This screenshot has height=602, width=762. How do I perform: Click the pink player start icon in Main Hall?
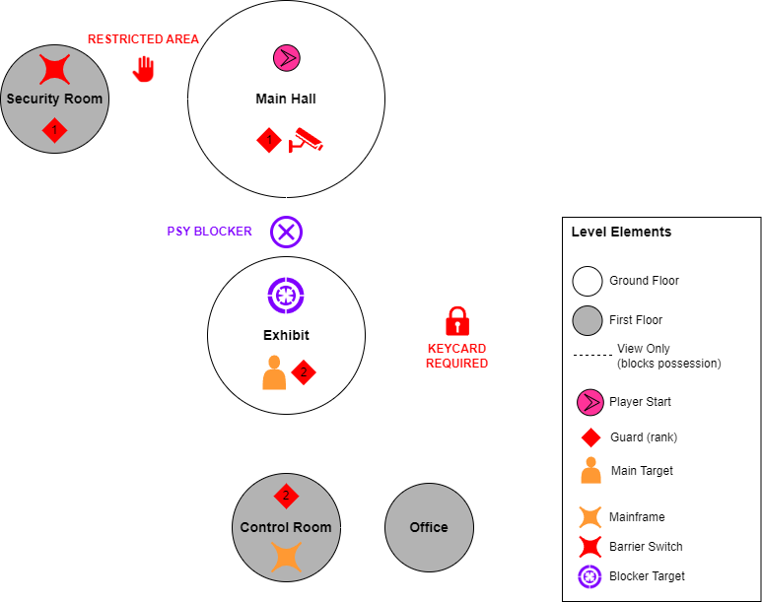tap(286, 58)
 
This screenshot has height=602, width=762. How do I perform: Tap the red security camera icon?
tap(305, 141)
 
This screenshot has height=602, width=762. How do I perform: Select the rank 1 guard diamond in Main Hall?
tap(269, 141)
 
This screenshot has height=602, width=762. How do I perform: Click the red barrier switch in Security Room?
tap(54, 69)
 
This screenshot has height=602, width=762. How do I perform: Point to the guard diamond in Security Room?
tap(54, 129)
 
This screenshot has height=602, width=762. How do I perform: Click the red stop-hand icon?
tap(144, 69)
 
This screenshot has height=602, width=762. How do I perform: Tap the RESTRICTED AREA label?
tap(143, 39)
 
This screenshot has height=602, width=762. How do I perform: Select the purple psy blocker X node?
tap(286, 233)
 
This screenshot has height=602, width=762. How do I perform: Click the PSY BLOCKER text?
tap(209, 232)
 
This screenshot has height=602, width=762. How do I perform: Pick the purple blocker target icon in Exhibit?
tap(286, 295)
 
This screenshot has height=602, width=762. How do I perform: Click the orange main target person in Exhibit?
tap(274, 373)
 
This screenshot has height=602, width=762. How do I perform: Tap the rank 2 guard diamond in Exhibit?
tap(304, 372)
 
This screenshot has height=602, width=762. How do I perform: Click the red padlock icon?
tap(456, 321)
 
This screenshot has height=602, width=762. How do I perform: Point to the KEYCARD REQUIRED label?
tap(456, 356)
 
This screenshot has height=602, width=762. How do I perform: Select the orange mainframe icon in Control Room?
tap(286, 557)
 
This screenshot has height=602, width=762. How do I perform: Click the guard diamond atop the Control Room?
tap(286, 495)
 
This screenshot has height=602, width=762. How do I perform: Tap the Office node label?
tap(429, 527)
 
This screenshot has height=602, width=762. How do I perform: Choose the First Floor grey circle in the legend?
tap(588, 320)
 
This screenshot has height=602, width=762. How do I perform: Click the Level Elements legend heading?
tap(621, 233)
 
